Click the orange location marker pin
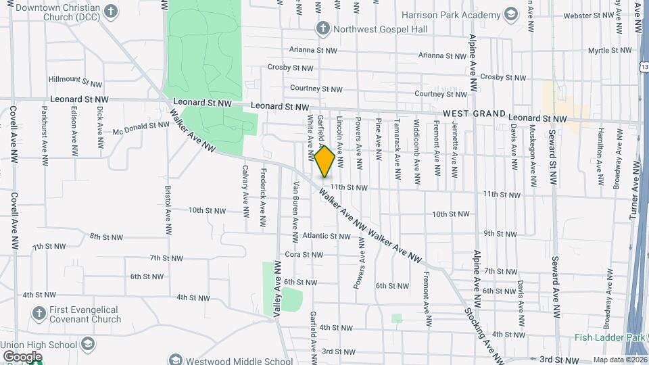click(x=324, y=161)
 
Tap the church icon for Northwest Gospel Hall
click(x=322, y=28)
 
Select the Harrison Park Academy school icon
click(x=512, y=14)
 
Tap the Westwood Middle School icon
click(x=175, y=360)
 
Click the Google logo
click(x=22, y=356)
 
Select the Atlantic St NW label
click(x=327, y=236)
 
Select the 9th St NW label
click(x=501, y=234)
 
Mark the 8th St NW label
click(x=106, y=237)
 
